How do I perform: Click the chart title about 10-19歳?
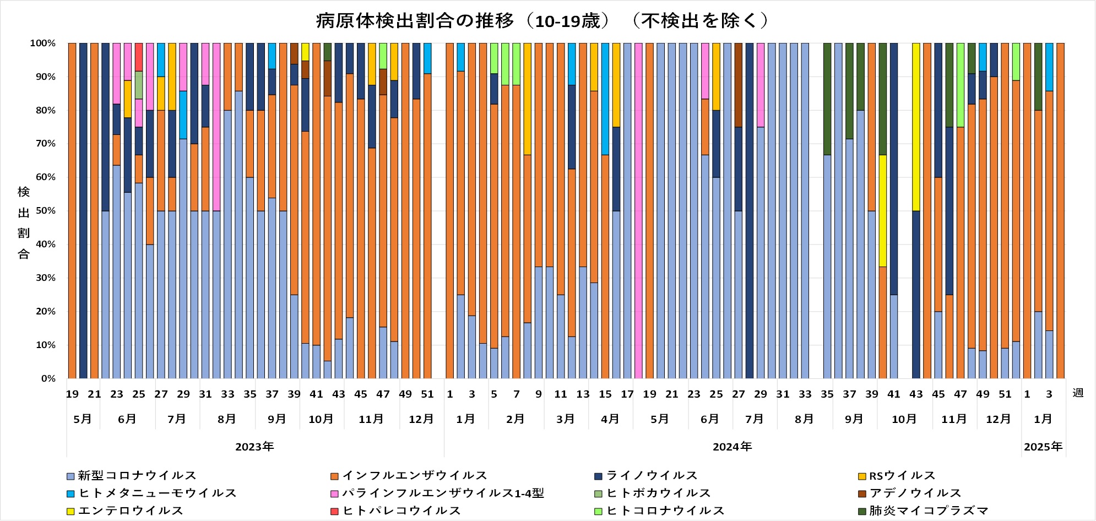542,21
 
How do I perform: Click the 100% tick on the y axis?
42,43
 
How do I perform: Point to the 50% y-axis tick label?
45,211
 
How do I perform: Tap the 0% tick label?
48,378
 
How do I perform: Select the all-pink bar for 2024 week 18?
638,211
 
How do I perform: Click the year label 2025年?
1043,447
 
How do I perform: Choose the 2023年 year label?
254,447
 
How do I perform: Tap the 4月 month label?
610,419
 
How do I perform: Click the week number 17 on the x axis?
627,394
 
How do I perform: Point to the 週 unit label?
1078,393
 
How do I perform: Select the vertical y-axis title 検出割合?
24,222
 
